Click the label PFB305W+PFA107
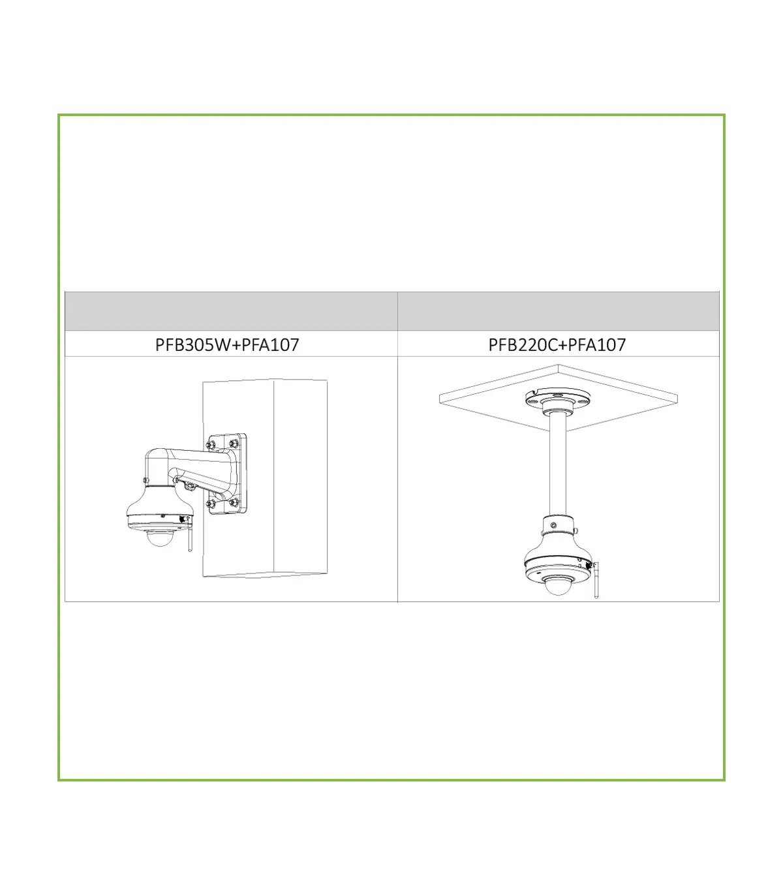[x=227, y=344]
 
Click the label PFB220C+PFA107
[x=557, y=344]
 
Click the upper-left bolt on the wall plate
[x=209, y=444]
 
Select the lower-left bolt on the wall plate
[x=210, y=504]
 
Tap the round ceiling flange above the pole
[x=558, y=399]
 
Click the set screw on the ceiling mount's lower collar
[x=553, y=525]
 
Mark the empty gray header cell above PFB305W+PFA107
[x=231, y=311]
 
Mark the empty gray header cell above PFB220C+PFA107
[x=558, y=311]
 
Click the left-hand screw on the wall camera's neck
[x=146, y=480]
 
